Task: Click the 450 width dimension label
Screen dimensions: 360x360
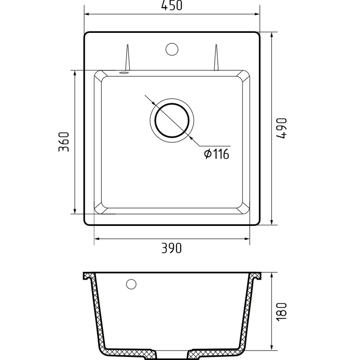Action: coord(172,5)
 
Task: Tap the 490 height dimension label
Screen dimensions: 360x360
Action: coord(282,128)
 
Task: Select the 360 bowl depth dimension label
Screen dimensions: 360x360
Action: coord(64,142)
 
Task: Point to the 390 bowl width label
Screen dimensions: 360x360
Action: coord(171,248)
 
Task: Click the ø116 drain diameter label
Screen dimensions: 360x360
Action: coord(216,153)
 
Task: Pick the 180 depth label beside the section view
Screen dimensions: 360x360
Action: coord(282,311)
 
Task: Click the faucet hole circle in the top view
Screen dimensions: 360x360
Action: coord(172,49)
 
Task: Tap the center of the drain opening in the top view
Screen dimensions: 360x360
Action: coord(172,121)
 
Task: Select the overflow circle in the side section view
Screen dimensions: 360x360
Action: coord(131,284)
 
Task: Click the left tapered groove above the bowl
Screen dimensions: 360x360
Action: coord(128,58)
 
